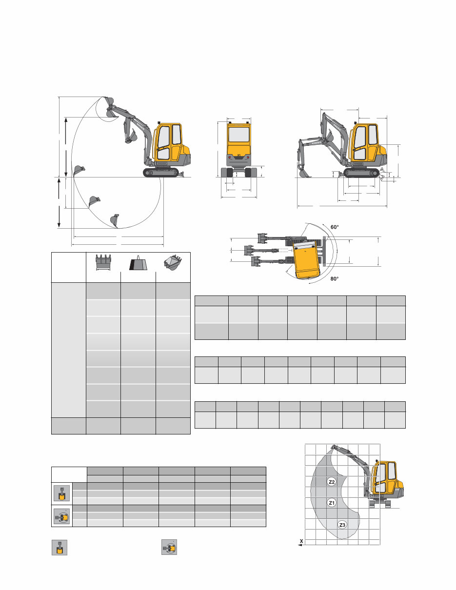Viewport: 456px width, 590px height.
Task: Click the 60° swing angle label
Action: tap(335, 227)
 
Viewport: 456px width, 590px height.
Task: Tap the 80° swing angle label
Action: tap(335, 279)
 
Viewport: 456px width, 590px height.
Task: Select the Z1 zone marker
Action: tap(331, 503)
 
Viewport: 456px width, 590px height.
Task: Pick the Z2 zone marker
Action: tap(331, 482)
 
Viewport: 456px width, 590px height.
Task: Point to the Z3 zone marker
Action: tap(342, 525)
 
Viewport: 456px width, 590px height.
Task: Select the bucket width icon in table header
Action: tap(103, 262)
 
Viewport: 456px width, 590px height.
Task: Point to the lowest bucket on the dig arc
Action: tap(115, 221)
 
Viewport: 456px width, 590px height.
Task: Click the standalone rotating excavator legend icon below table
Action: tap(169, 548)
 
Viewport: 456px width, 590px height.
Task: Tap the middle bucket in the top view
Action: tap(250, 250)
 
